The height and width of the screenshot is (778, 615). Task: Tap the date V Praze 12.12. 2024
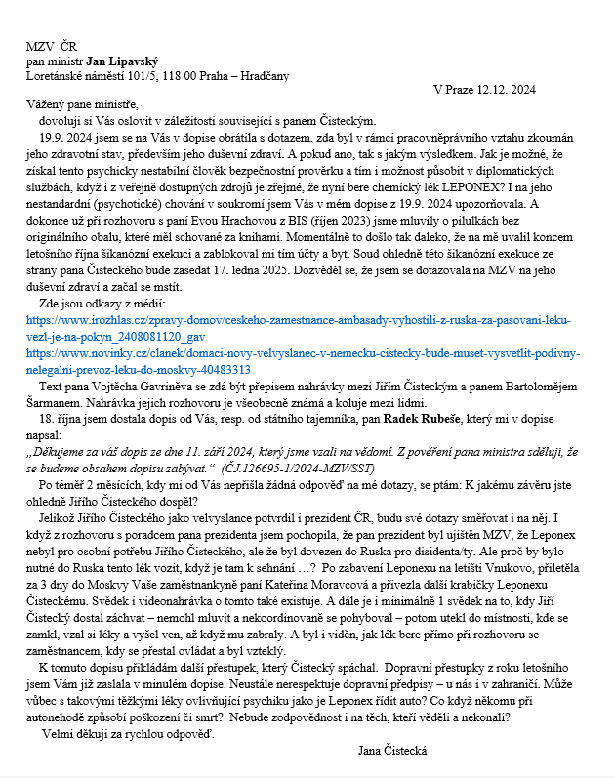tap(485, 90)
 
